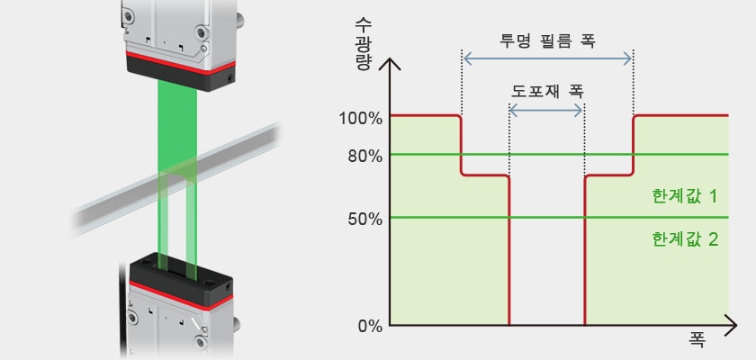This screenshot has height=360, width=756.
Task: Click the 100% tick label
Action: tap(361, 118)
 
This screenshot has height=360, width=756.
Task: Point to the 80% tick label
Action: tap(365, 156)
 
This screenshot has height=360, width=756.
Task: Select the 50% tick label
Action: tap(365, 220)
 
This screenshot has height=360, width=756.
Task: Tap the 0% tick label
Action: tap(370, 327)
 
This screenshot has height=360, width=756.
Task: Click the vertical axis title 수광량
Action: tap(362, 44)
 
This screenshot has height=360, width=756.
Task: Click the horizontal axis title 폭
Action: tap(697, 340)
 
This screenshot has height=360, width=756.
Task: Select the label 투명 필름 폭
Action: tap(548, 42)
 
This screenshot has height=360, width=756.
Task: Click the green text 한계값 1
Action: tap(685, 196)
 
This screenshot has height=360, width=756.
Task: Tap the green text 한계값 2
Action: tap(685, 239)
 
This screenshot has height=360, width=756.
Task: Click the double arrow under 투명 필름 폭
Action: tap(547, 58)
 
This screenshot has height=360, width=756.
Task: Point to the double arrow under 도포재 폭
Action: tap(546, 111)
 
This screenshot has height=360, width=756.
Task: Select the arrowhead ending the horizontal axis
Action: tap(733, 326)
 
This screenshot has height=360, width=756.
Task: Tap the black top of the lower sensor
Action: tap(181, 280)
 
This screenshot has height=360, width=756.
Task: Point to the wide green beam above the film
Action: tap(177, 126)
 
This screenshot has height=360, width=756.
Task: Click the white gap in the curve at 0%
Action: tap(547, 250)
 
